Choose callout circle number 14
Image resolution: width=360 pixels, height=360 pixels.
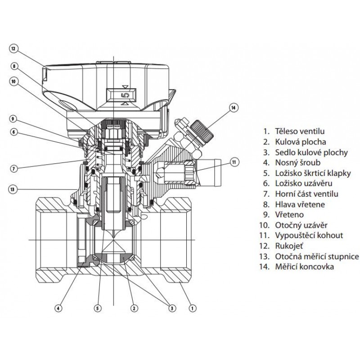click(233, 108)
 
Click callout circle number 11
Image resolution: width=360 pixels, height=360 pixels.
click(233, 161)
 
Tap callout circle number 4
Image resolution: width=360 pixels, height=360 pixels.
click(58, 308)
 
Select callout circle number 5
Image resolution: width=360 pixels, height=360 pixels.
click(97, 308)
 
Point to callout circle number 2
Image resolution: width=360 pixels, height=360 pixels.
click(134, 308)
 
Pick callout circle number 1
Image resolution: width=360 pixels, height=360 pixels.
click(193, 308)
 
